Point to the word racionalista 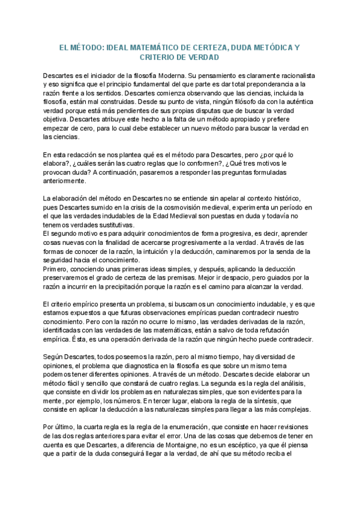click(x=292, y=76)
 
